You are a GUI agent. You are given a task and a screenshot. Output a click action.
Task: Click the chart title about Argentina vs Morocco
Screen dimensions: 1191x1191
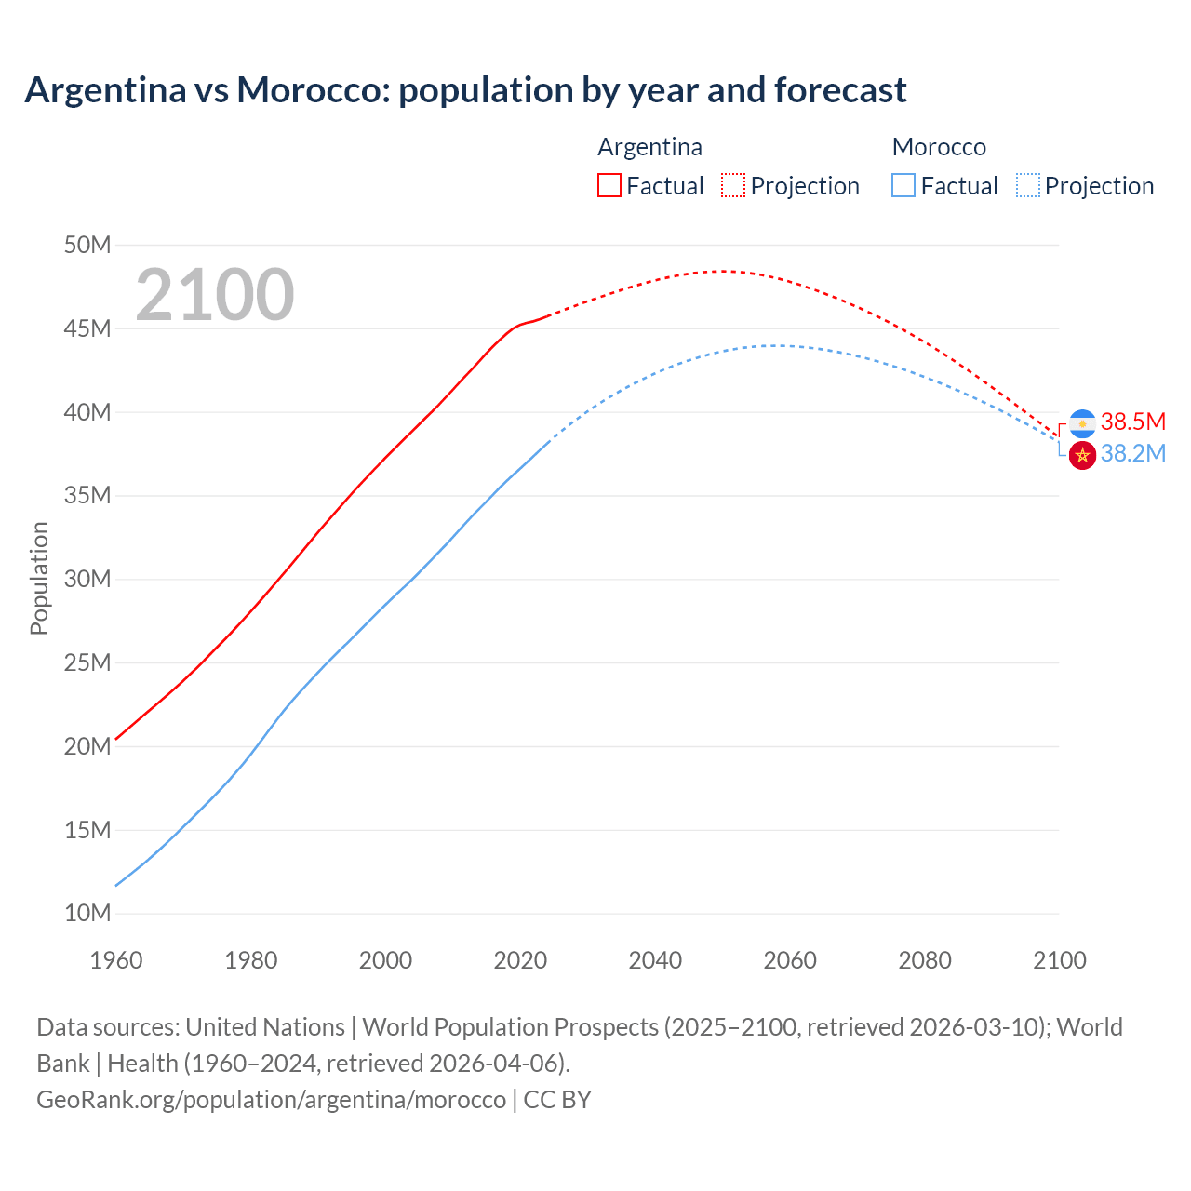coord(465,90)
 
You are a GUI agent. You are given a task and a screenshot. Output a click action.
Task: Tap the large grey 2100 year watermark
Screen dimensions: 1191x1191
coord(215,295)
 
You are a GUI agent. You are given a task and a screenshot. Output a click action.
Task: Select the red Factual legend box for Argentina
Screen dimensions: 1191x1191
coord(609,185)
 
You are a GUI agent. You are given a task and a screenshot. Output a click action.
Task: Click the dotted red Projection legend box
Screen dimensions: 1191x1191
coord(733,185)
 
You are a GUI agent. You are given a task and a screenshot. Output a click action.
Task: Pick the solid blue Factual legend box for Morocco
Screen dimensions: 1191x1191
coord(903,185)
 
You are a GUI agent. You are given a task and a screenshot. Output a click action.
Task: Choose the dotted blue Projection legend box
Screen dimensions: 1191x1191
coord(1027,185)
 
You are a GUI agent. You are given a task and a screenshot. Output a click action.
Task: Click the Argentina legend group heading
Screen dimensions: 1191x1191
coord(649,147)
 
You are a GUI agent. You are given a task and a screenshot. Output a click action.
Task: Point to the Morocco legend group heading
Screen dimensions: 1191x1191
coord(939,147)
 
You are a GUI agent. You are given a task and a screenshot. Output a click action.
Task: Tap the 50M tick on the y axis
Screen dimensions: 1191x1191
coord(87,245)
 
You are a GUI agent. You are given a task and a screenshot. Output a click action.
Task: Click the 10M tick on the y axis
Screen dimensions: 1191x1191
coord(87,913)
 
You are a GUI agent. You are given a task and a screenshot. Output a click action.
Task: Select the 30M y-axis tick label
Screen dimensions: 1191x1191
coord(87,579)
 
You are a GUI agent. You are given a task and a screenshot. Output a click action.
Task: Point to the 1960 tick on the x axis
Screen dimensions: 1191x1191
coord(116,960)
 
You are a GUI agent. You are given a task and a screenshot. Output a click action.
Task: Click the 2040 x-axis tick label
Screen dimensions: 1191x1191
coord(655,960)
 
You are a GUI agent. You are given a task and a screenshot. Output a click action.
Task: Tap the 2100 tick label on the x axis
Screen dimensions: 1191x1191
coord(1059,960)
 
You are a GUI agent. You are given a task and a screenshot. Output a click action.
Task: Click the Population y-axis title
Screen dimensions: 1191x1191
coord(39,578)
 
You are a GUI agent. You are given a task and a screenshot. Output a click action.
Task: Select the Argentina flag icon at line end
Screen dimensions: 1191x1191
coord(1082,423)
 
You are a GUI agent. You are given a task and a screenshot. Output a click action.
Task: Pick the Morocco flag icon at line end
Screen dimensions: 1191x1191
coord(1082,456)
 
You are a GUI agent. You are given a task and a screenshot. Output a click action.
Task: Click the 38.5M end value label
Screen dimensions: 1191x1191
coord(1132,422)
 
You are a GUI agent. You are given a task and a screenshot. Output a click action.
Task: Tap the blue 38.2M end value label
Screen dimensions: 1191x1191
coord(1132,453)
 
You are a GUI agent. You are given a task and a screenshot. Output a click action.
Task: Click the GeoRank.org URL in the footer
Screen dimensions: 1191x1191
coord(271,1100)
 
